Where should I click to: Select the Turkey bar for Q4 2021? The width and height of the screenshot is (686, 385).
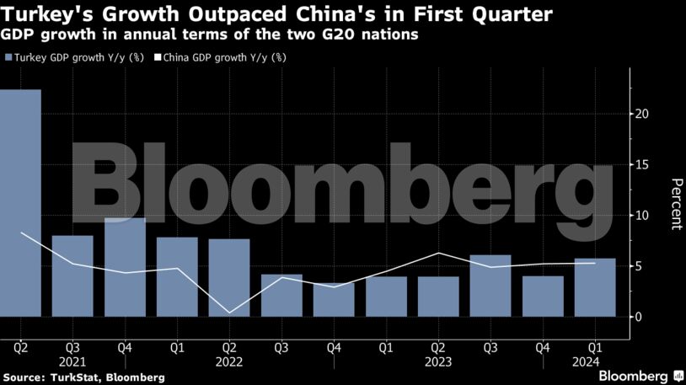pyautogui.click(x=125, y=267)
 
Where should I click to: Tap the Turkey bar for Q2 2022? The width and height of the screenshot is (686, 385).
pyautogui.click(x=229, y=277)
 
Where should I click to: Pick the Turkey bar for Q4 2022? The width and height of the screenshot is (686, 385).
pyautogui.click(x=334, y=299)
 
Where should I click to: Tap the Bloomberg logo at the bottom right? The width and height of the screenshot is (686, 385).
pyautogui.click(x=640, y=375)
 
